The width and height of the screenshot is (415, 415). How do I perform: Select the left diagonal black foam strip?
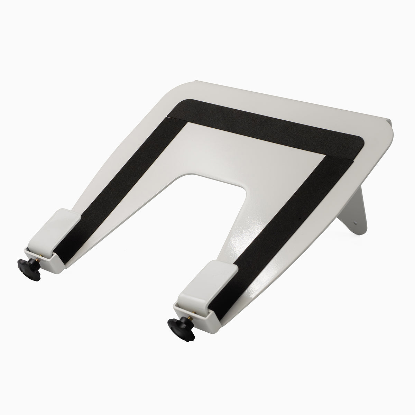(118, 187)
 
